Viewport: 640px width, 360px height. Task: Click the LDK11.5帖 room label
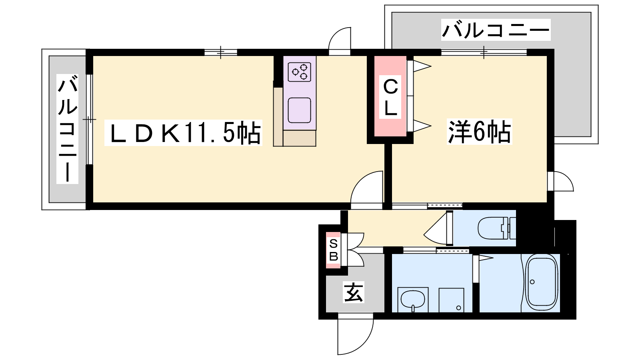tap(183, 133)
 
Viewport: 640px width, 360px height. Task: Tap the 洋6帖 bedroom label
tap(479, 132)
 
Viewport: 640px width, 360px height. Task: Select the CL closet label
tap(390, 97)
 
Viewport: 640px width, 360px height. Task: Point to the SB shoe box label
tap(334, 250)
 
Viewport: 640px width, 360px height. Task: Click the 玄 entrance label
tap(354, 292)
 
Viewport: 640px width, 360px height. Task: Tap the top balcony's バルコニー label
tap(496, 30)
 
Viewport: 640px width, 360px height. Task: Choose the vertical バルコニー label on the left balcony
tap(68, 129)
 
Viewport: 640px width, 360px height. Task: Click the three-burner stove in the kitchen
tap(300, 72)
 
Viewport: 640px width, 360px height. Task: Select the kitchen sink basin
tap(300, 110)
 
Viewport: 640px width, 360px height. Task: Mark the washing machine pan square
tap(451, 300)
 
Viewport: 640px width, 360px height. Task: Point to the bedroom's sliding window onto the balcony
tap(484, 52)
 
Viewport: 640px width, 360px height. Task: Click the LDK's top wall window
tap(220, 52)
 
